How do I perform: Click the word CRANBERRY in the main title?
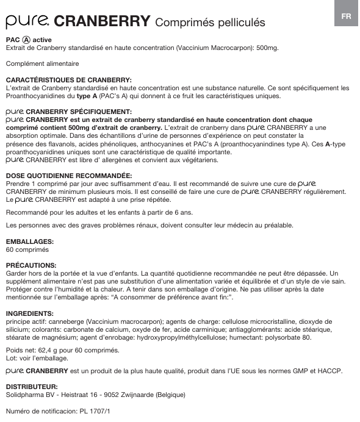(x=103, y=22)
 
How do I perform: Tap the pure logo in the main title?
(x=28, y=22)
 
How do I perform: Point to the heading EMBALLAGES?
(x=29, y=241)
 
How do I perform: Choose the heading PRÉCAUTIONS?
(x=31, y=266)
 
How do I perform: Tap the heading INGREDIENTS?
(x=29, y=313)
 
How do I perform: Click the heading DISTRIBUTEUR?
(x=32, y=387)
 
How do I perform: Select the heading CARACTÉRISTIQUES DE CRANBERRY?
(x=68, y=80)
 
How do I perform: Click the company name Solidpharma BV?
(x=31, y=395)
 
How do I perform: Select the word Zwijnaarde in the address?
(x=137, y=395)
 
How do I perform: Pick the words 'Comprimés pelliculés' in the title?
(x=210, y=23)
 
